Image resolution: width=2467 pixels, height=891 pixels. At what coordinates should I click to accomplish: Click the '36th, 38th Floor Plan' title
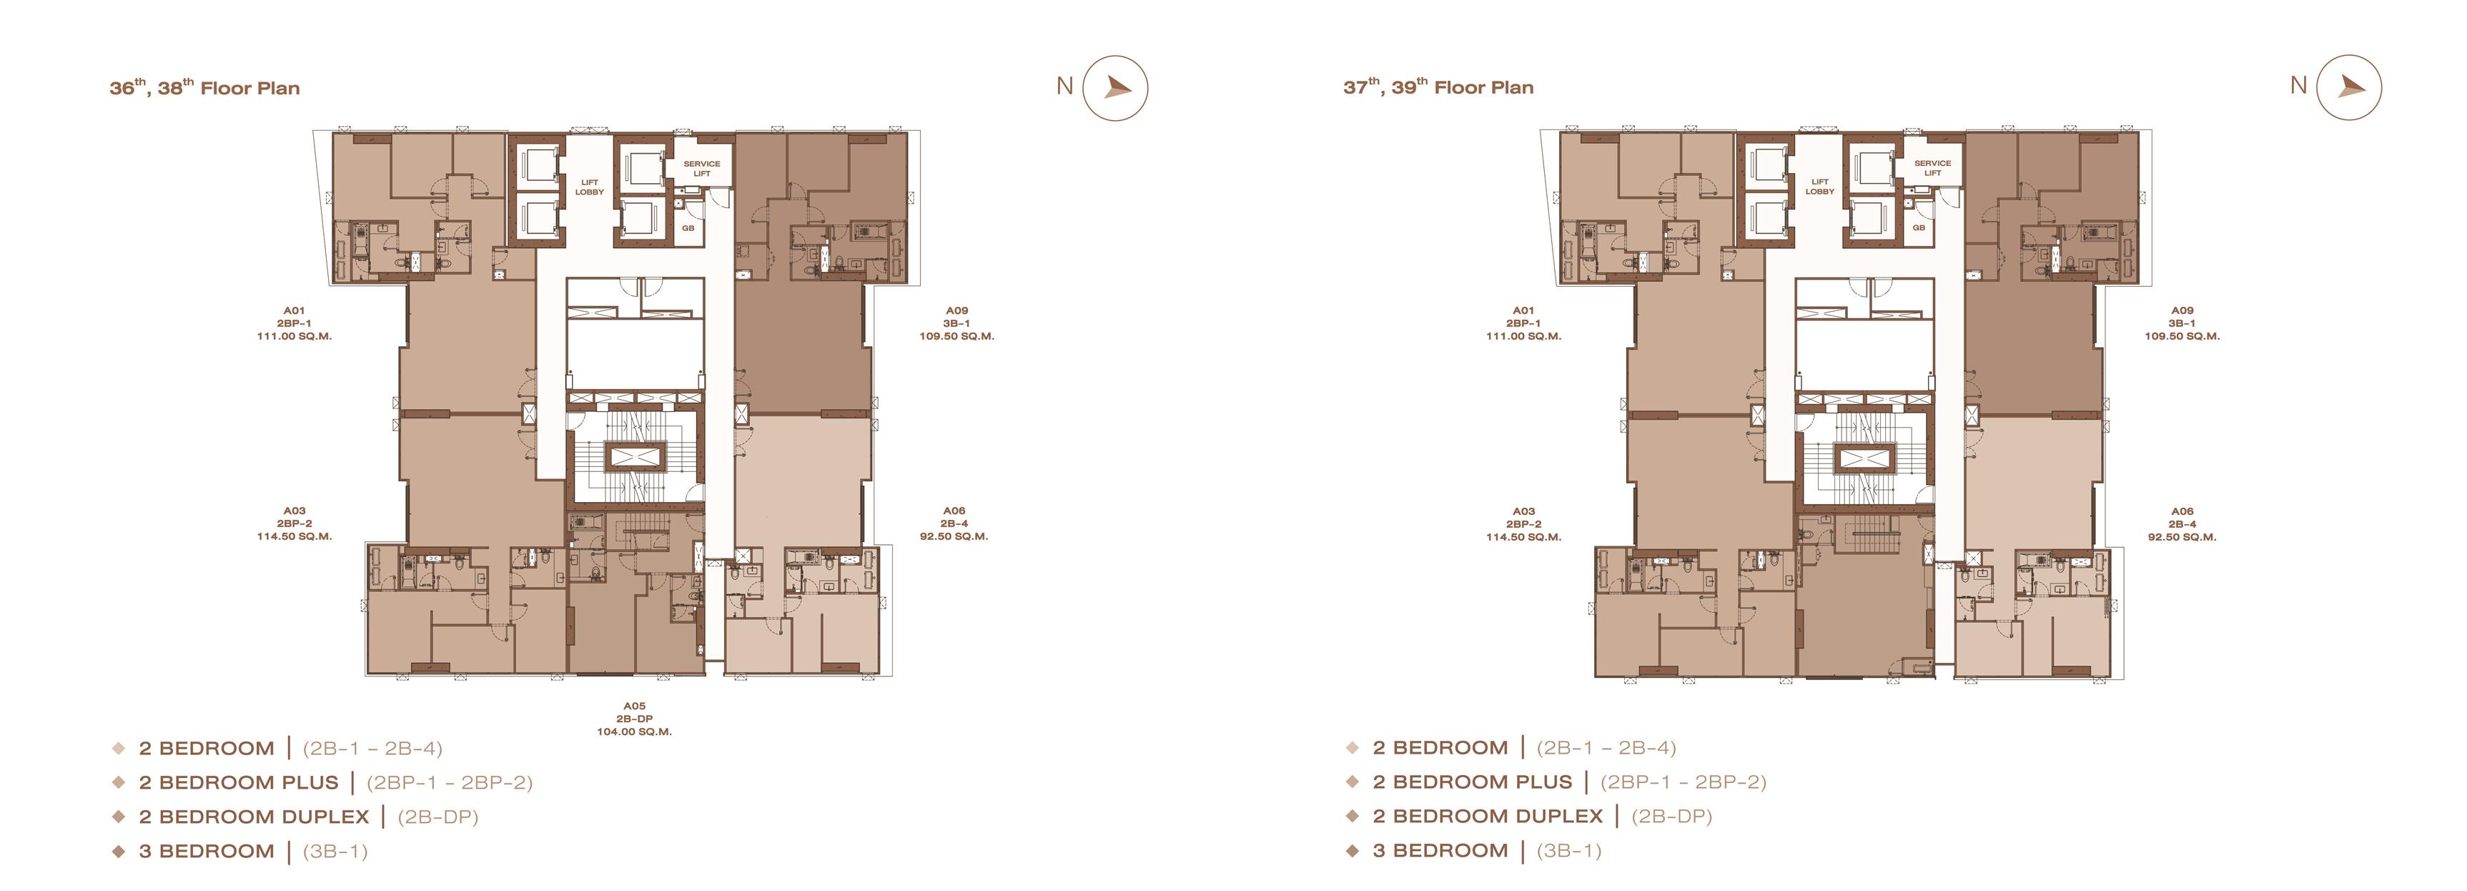click(204, 87)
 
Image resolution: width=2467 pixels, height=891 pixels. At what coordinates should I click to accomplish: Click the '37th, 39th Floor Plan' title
click(1438, 87)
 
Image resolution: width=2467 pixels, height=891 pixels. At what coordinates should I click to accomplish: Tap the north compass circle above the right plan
click(2348, 87)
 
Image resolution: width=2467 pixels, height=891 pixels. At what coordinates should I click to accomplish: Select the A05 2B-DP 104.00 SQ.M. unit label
click(634, 719)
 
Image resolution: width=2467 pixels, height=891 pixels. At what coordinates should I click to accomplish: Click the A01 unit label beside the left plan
click(294, 323)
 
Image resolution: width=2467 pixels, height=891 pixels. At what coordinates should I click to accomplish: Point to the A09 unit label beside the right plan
click(2182, 323)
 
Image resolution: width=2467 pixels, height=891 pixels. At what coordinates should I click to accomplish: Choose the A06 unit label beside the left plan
click(954, 524)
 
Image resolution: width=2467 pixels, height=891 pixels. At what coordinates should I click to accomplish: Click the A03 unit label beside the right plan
click(1523, 524)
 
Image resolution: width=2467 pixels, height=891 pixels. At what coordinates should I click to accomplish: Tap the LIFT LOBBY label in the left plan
click(589, 187)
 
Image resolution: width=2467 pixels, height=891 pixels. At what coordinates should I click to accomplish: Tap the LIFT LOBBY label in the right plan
click(1819, 186)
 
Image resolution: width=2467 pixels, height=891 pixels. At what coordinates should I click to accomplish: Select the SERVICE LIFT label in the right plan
click(1932, 167)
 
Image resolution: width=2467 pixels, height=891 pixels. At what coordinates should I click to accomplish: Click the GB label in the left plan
click(688, 228)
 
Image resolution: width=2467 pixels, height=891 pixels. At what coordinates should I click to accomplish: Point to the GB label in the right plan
click(1918, 227)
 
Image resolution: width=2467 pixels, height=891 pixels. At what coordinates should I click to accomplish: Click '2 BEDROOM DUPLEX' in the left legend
click(254, 816)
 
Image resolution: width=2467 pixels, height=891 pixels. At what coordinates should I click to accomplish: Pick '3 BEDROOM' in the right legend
click(1440, 850)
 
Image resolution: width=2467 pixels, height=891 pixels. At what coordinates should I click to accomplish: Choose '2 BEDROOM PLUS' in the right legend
click(1472, 782)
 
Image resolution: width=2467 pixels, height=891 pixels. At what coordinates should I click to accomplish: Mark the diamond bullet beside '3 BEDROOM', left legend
click(119, 851)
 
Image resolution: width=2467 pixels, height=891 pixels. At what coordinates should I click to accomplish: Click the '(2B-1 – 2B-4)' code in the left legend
click(372, 748)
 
